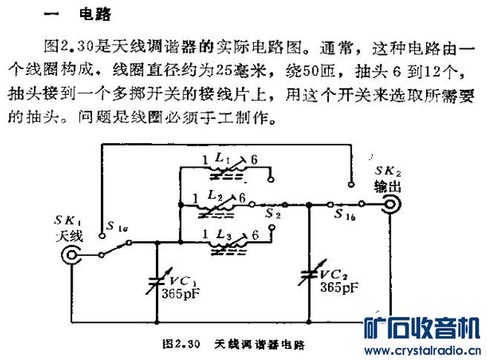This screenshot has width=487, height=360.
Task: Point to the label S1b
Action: click(343, 215)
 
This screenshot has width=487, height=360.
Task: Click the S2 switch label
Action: click(273, 213)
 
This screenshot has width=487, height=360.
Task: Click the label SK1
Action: click(68, 221)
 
